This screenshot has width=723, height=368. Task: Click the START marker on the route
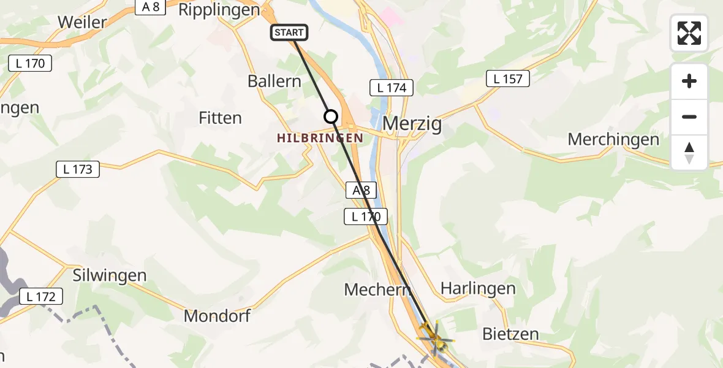289,33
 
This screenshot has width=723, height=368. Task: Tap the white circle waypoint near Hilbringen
331,116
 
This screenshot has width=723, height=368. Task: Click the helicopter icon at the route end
434,337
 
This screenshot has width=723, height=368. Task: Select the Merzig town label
412,124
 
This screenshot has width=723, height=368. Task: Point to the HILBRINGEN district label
320,139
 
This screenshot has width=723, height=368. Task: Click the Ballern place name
274,81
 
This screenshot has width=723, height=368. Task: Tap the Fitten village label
221,118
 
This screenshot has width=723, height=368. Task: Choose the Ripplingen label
219,10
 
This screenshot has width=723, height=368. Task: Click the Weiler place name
82,22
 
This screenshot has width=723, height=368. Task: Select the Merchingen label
613,139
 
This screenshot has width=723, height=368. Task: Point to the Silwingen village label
110,275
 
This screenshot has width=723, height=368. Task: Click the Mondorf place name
218,316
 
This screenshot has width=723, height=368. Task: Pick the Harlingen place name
478,288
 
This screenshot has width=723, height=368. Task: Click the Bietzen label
510,334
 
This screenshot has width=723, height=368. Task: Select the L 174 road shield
392,88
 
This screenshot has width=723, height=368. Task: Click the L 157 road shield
508,79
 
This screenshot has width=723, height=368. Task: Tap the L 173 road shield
78,169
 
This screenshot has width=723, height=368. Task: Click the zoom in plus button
689,81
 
